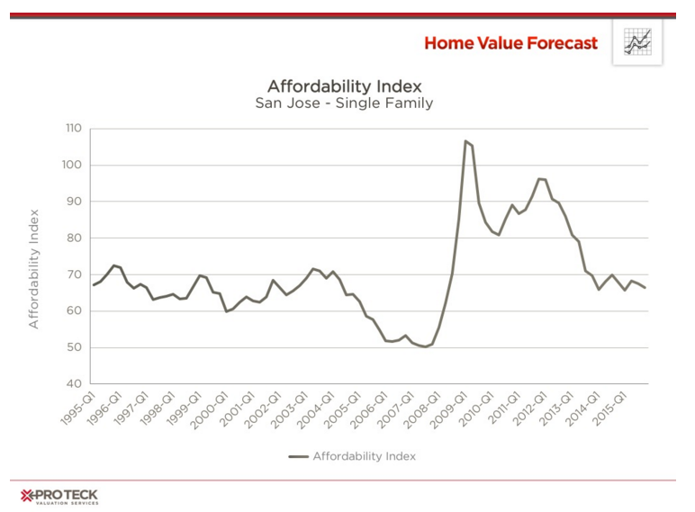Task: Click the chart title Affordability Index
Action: (x=345, y=86)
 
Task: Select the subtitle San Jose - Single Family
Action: (x=345, y=103)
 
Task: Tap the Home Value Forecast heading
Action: (x=510, y=43)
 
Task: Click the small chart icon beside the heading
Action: (x=637, y=42)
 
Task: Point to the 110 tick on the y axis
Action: (x=73, y=129)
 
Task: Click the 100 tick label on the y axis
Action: (x=73, y=166)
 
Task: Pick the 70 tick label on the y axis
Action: (x=75, y=274)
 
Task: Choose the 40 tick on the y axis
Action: (x=75, y=384)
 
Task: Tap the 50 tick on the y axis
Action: (x=75, y=347)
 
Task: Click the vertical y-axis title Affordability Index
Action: (x=34, y=269)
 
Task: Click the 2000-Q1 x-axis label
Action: (x=211, y=408)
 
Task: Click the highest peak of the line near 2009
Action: (x=465, y=141)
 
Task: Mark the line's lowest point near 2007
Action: (x=426, y=346)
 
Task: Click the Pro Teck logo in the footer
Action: (x=59, y=497)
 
